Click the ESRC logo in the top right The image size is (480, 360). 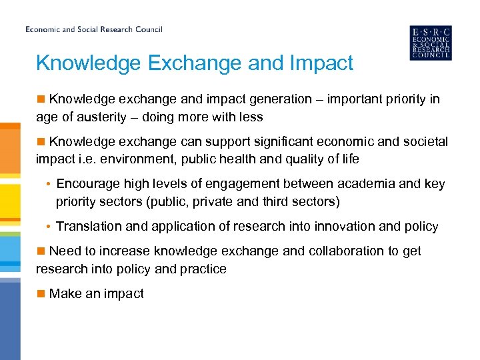click(x=430, y=43)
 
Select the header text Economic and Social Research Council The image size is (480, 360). click(x=94, y=29)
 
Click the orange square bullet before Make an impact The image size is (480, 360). click(x=41, y=293)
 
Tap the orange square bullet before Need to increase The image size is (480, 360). click(x=41, y=251)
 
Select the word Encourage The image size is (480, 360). click(x=87, y=184)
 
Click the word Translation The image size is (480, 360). click(x=89, y=227)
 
